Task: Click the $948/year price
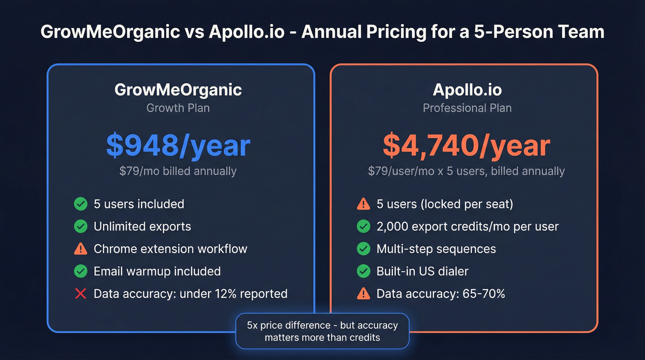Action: [x=178, y=146]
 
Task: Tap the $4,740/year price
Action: [x=466, y=146]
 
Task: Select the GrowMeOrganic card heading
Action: [x=178, y=89]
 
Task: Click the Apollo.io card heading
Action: [x=467, y=89]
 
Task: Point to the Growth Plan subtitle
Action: [x=178, y=108]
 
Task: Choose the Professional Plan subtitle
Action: [x=467, y=108]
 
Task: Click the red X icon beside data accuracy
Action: [x=81, y=294]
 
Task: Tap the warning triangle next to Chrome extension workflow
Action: [x=81, y=249]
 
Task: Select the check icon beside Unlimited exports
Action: [x=81, y=226]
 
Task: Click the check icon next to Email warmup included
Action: [x=81, y=271]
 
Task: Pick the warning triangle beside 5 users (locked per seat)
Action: [x=364, y=204]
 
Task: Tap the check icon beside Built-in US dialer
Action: [x=364, y=271]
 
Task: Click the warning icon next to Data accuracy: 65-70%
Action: [x=364, y=294]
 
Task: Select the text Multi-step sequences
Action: [x=436, y=249]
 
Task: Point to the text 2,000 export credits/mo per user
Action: [x=467, y=226]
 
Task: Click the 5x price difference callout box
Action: [x=322, y=331]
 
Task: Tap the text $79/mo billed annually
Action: [x=178, y=171]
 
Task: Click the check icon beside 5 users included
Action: [x=81, y=204]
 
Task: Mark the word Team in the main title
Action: [x=580, y=32]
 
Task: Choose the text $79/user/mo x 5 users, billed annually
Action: [x=466, y=171]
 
